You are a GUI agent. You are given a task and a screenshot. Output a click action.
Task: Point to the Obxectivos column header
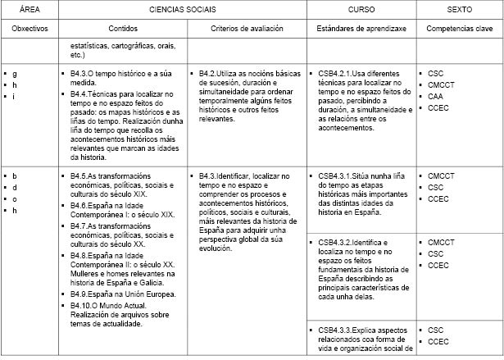click(x=30, y=28)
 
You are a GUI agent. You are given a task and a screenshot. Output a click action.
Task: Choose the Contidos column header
click(x=121, y=28)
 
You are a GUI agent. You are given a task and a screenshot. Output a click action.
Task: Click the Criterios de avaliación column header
click(x=246, y=28)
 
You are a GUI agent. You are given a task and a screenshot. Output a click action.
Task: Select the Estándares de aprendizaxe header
click(x=361, y=28)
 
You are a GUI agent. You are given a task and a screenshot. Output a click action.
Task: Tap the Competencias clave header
click(x=459, y=28)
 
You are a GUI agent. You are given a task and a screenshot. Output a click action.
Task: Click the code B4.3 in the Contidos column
click(x=80, y=74)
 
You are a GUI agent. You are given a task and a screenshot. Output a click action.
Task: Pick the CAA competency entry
click(x=435, y=96)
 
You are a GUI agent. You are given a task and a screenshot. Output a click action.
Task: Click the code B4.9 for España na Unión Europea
click(x=80, y=294)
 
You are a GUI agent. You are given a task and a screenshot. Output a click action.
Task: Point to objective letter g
click(x=15, y=74)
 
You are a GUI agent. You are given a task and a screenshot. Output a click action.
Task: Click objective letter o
click(x=15, y=198)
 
